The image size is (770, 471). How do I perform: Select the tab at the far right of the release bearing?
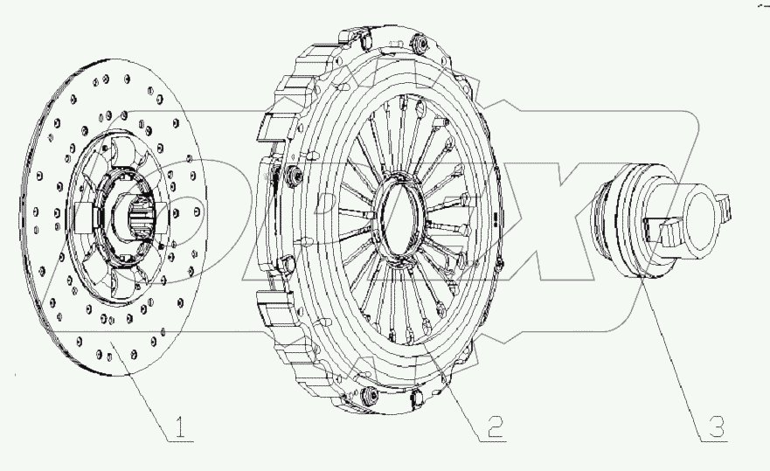pos(725,208)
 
